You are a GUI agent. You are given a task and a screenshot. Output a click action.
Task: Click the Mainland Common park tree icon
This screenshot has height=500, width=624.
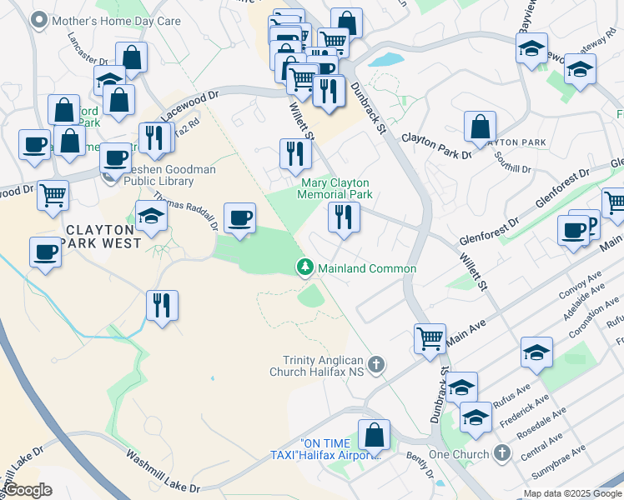point(306,267)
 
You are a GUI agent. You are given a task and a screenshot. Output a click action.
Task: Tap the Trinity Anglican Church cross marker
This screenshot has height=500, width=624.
point(376,364)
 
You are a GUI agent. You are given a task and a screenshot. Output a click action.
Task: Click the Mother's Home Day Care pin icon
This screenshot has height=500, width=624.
point(38,20)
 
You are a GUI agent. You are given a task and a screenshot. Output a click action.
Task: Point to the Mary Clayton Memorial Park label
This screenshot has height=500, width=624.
point(334,188)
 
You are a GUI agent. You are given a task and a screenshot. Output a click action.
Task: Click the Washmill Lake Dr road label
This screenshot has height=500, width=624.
point(164,471)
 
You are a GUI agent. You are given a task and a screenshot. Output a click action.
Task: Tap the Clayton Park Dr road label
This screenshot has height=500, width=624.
point(437,147)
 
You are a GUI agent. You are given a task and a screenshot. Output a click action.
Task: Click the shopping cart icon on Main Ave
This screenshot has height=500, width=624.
point(430,338)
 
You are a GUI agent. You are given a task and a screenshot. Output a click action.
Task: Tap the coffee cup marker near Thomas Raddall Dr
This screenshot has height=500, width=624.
point(240,218)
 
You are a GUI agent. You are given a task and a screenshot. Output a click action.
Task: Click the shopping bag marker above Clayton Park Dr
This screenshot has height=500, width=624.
point(480,127)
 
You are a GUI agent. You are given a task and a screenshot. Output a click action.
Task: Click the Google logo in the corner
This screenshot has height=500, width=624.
point(27,490)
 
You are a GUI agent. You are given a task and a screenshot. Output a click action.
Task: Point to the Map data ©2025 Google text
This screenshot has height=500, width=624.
point(572,493)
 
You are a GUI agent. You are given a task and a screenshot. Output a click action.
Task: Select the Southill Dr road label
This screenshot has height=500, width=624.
point(512,162)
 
